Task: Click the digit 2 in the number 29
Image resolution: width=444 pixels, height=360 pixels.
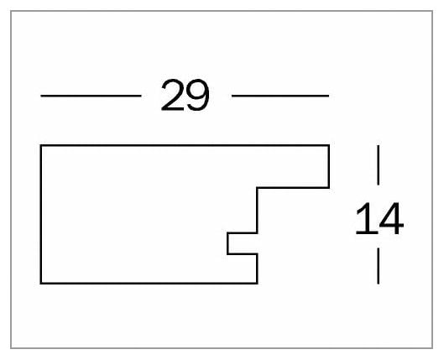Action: coord(172,95)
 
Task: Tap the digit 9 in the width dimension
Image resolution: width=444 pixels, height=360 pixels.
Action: coord(197,95)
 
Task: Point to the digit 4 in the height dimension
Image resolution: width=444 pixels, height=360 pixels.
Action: coord(392,218)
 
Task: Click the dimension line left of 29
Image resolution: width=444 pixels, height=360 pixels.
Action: coord(91,96)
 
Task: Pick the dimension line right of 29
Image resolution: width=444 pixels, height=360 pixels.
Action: coord(280,96)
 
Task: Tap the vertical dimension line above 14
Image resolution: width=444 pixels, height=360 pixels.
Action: coord(379,165)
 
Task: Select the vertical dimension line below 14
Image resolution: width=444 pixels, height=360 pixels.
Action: coord(379,266)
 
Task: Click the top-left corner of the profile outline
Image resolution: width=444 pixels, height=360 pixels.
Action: coord(41,145)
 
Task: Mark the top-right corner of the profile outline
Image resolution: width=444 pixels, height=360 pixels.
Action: coord(329,145)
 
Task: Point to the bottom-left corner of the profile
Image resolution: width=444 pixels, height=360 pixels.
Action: coord(41,283)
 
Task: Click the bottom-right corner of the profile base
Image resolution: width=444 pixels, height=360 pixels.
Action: coord(257,283)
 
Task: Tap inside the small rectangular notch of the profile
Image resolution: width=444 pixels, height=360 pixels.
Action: coord(243,243)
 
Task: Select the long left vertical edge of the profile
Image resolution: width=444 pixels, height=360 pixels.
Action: coord(41,214)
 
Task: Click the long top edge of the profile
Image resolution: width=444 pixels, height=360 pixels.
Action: coord(185,145)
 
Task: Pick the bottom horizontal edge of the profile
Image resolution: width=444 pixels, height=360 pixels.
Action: coord(149,283)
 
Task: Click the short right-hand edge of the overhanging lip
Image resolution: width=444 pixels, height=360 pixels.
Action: coord(329,166)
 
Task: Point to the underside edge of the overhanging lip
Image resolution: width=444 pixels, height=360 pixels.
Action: coord(293,187)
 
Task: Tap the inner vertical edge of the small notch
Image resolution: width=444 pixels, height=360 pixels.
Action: coord(227,243)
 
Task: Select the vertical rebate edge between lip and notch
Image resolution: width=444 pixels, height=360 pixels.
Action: coord(257,211)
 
